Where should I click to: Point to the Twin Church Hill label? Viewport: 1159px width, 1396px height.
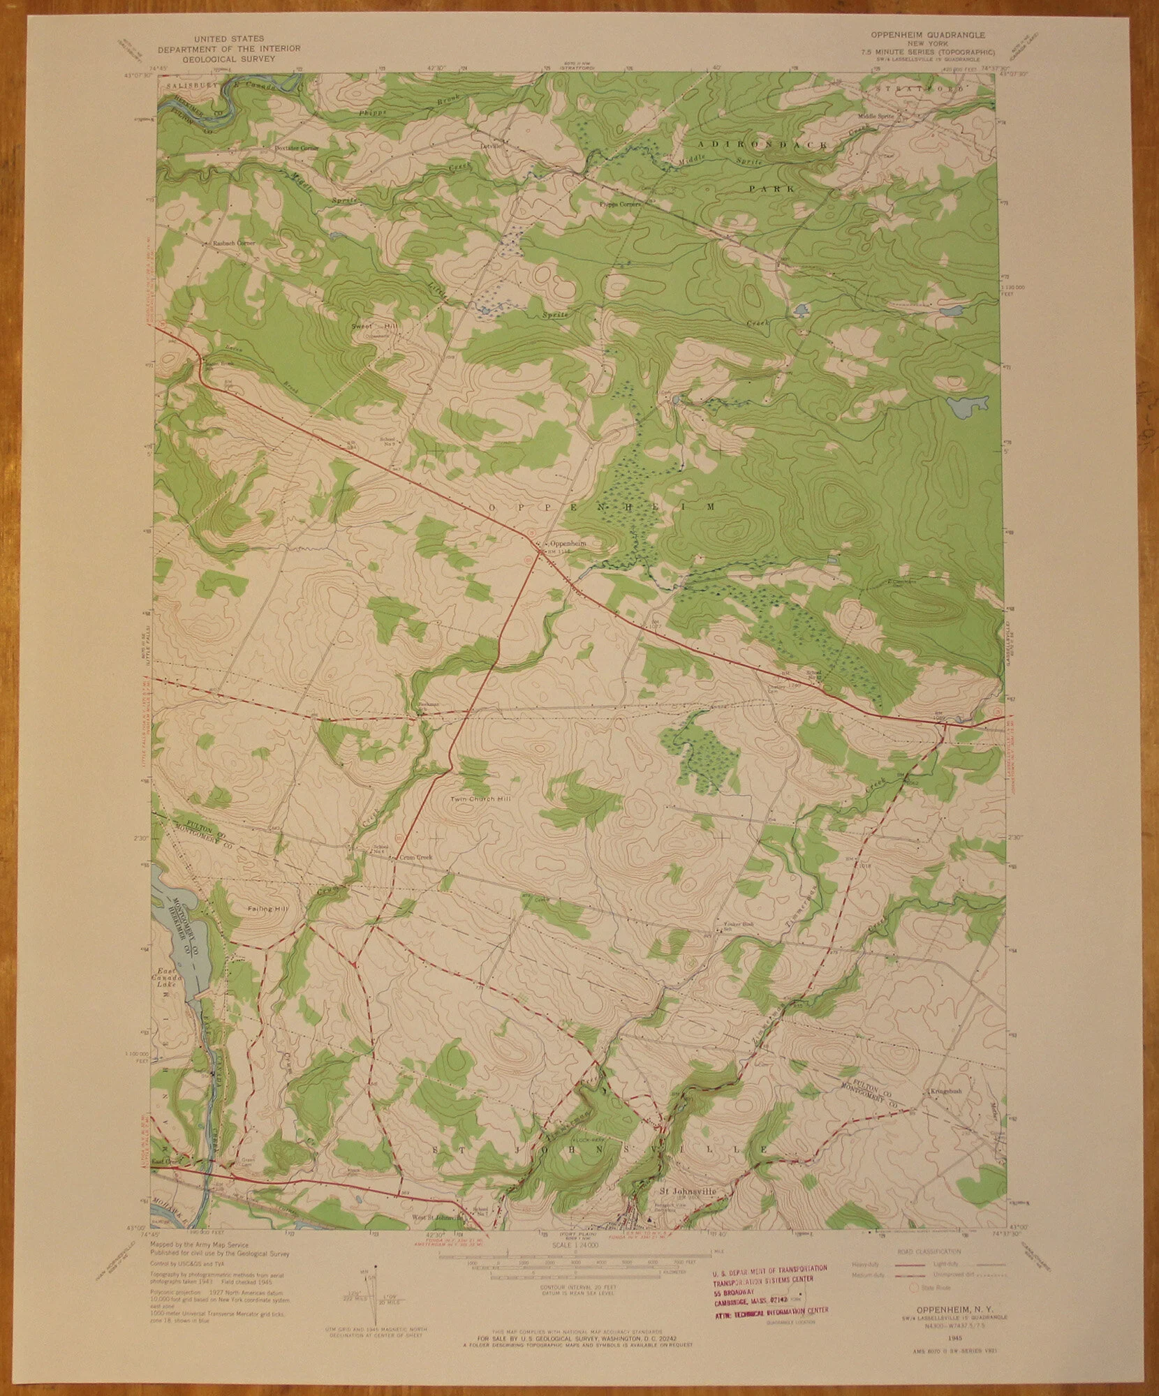pos(479,798)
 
